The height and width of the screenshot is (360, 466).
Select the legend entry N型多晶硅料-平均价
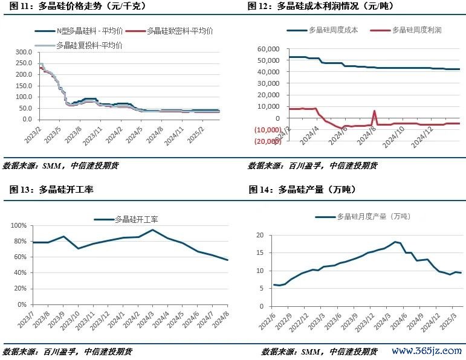pyautogui.click(x=88, y=30)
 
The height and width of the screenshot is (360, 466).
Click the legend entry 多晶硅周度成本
pyautogui.click(x=332, y=29)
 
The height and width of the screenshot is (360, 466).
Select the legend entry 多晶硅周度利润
pyautogui.click(x=416, y=29)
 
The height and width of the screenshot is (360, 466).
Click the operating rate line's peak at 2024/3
pyautogui.click(x=153, y=230)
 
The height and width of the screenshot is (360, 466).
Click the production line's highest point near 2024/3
pyautogui.click(x=395, y=242)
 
